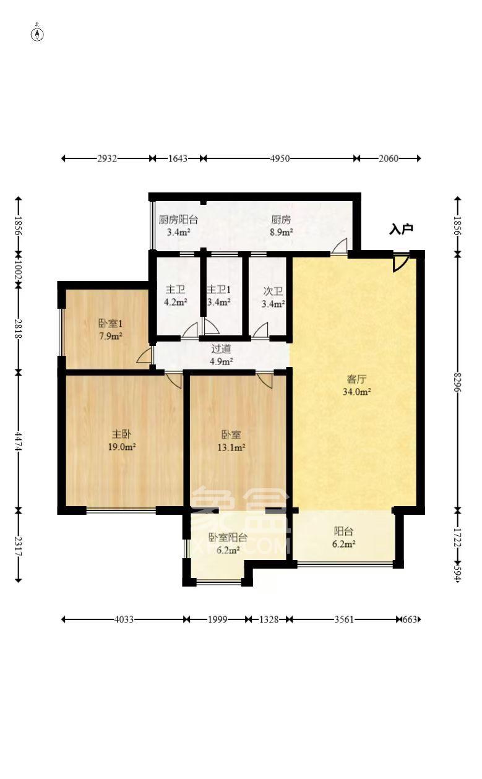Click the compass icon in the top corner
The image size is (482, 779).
[37, 33]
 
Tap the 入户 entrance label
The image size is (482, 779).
[400, 230]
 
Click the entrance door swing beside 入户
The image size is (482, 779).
[400, 262]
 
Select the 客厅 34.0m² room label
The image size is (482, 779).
[357, 385]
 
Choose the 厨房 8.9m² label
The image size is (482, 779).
[282, 225]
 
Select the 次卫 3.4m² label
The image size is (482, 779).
[272, 298]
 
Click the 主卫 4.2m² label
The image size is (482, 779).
[174, 296]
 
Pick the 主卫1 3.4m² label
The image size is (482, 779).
[218, 296]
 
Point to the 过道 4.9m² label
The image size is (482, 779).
[221, 355]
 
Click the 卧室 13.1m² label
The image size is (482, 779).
[231, 440]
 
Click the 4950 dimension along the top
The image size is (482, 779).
[279, 158]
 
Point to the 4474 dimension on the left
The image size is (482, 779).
[19, 441]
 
